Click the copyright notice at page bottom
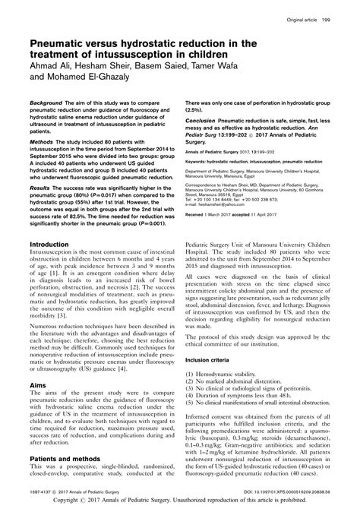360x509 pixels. coord(180,502)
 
